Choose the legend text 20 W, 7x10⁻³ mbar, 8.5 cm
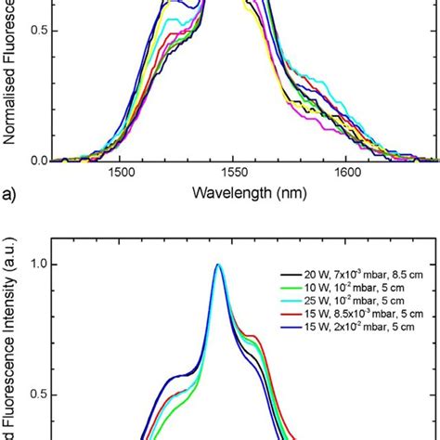[356, 277]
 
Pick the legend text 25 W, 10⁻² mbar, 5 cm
[346, 306]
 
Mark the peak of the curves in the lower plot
[218, 265]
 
